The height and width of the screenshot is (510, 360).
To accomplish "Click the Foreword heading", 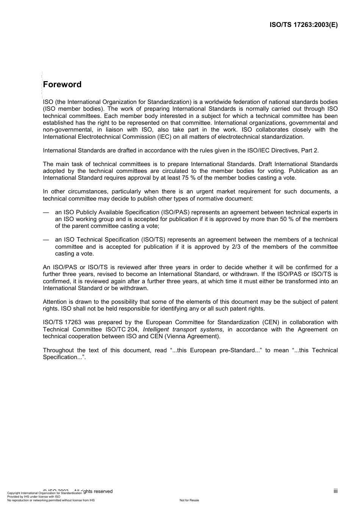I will point(62,85).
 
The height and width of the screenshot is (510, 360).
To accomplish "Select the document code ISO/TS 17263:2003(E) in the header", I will point(303,25).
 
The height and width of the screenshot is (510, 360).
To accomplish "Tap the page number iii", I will point(335,491).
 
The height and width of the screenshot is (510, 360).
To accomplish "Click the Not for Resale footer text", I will point(189,500).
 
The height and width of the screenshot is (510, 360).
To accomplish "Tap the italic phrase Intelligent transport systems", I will point(182,330).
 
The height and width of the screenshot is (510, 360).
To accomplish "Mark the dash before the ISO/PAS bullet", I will point(46,212).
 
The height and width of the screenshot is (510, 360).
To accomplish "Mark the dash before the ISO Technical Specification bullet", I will point(46,240).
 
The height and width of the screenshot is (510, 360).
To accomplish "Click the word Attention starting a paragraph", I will point(55,302).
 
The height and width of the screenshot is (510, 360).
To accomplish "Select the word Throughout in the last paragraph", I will point(58,350).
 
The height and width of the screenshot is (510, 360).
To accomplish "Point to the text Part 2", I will point(310,151).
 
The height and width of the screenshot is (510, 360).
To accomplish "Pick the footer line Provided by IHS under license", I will point(34,496).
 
